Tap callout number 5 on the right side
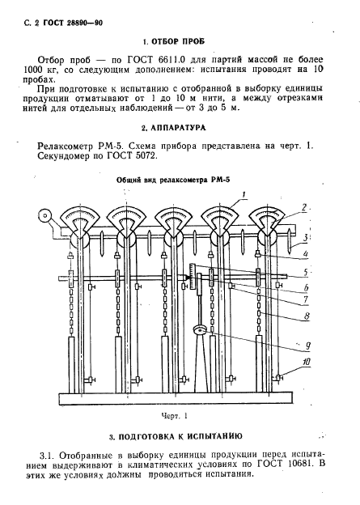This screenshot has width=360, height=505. [x=305, y=272]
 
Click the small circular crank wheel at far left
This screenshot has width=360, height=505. [x=44, y=217]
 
